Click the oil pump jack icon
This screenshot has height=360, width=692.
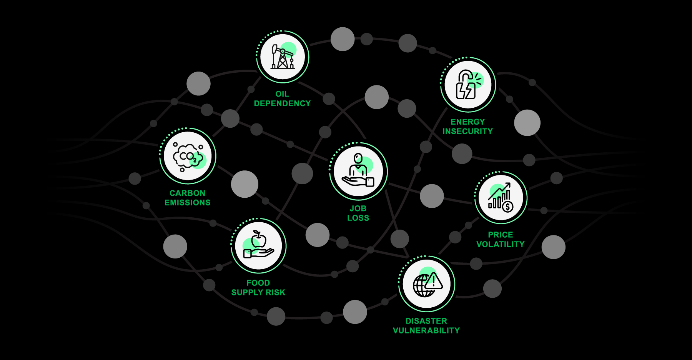pyautogui.click(x=283, y=57)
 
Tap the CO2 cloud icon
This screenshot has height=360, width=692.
pyautogui.click(x=188, y=156)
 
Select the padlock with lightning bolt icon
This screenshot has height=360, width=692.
pyautogui.click(x=468, y=85)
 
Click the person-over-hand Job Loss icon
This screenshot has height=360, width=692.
pyautogui.click(x=358, y=171)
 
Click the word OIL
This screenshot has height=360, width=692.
pyautogui.click(x=282, y=94)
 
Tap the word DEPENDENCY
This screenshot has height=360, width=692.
pyautogui.click(x=282, y=103)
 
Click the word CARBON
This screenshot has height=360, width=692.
pyautogui.click(x=188, y=193)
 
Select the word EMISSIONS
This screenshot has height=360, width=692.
pyautogui.click(x=188, y=203)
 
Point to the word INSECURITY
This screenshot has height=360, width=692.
pyautogui.click(x=467, y=131)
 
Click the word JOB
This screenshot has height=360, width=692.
pyautogui.click(x=358, y=208)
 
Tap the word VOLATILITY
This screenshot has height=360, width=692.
pyautogui.click(x=500, y=244)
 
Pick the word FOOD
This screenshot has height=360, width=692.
pyautogui.click(x=258, y=283)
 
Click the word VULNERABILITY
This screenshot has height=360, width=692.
pyautogui.click(x=426, y=330)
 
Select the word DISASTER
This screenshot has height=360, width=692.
pyautogui.click(x=426, y=321)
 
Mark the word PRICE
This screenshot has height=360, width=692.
pyautogui.click(x=501, y=235)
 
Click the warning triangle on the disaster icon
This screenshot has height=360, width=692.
pyautogui.click(x=434, y=281)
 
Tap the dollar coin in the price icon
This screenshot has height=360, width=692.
pyautogui.click(x=507, y=207)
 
